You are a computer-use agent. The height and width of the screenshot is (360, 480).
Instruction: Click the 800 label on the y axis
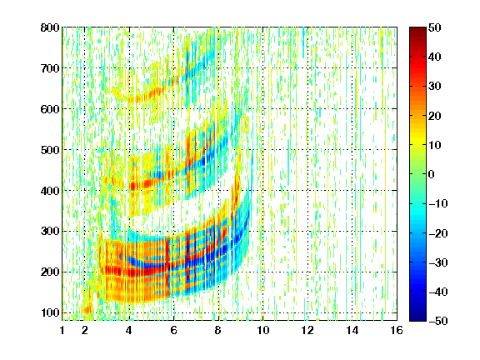click(50, 27)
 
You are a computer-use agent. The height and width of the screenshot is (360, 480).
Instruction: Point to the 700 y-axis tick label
click(50, 68)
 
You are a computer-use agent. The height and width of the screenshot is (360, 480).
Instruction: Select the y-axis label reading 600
click(50, 109)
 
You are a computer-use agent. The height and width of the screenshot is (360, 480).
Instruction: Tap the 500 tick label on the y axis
click(50, 150)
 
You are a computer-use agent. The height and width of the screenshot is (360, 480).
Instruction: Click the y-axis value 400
click(50, 191)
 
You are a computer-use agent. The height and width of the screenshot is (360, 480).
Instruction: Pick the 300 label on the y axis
click(50, 232)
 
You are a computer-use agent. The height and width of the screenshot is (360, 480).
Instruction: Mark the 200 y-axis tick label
click(50, 272)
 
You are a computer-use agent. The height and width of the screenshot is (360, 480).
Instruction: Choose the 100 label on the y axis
click(50, 312)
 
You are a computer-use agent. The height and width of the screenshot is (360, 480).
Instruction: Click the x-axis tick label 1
click(62, 330)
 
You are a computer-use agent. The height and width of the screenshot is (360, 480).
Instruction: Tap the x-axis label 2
click(85, 330)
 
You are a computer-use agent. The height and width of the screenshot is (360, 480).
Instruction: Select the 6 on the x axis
click(174, 330)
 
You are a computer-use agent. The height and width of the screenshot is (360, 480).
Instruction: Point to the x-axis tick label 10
click(263, 330)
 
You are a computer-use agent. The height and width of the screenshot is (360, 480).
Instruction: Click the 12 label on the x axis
click(307, 330)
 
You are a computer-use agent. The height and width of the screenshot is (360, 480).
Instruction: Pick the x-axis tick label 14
click(352, 330)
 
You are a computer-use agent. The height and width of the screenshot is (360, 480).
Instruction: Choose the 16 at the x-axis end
click(397, 330)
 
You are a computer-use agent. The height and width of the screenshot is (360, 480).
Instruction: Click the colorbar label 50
click(435, 27)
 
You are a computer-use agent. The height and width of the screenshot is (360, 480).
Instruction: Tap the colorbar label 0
click(432, 174)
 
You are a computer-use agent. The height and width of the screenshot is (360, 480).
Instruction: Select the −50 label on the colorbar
click(438, 321)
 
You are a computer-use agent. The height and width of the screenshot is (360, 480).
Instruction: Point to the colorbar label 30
click(435, 87)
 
